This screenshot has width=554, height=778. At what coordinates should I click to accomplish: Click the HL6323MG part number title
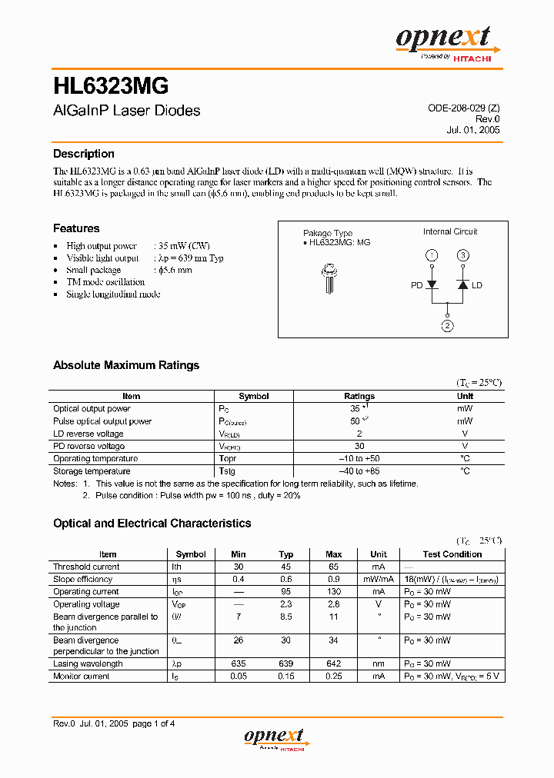coord(111,84)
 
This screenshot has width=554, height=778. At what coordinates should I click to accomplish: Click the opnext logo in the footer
coord(275,739)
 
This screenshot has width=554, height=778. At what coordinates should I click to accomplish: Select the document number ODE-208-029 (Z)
coord(464,108)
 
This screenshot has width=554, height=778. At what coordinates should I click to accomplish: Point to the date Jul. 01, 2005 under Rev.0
coord(473,130)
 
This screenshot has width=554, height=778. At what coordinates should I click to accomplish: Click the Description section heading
coord(83,154)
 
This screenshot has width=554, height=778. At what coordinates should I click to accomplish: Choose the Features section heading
coord(76,228)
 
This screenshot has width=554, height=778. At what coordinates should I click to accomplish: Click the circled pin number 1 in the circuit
coord(432,255)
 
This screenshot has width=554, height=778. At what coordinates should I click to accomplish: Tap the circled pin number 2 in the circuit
coord(447,325)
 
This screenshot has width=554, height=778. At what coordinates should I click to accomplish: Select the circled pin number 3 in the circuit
coord(462,255)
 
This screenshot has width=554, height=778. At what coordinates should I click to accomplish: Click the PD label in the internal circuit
coord(416,285)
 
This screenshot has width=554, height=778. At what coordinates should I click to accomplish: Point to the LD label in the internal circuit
coord(477,285)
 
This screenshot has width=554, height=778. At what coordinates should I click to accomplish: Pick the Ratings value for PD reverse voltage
coord(359,446)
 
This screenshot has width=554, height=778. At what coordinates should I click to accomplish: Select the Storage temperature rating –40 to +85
coord(359,470)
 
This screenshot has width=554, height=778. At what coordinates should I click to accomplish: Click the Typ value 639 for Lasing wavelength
coord(286,663)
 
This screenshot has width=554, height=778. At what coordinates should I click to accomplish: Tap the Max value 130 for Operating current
coord(334,592)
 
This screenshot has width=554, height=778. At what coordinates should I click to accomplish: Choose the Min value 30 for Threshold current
coord(239,567)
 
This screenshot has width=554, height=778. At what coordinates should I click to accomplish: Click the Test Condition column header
coord(452,554)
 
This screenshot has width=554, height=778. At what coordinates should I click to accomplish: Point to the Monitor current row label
coord(81,677)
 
